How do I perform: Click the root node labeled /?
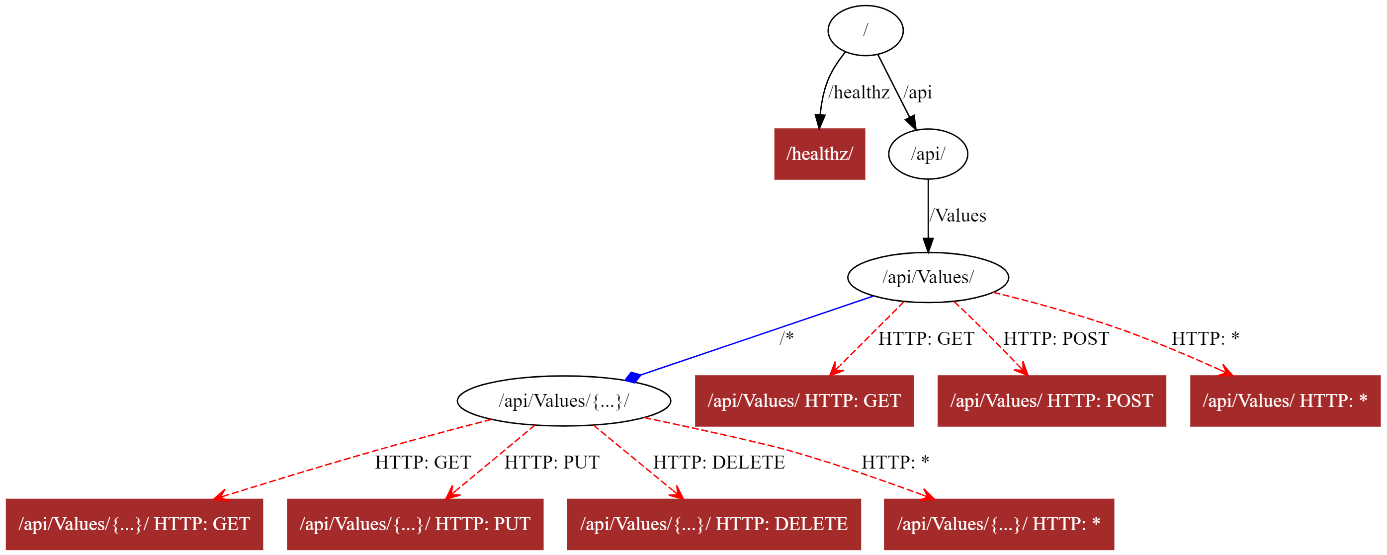[866, 30]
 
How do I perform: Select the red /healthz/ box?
[819, 154]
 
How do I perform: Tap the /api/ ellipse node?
[928, 154]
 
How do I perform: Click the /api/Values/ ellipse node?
[928, 277]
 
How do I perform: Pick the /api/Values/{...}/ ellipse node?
[564, 400]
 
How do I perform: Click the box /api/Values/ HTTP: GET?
[804, 400]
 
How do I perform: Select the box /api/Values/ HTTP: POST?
[1051, 400]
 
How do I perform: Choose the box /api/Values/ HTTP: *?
[1285, 400]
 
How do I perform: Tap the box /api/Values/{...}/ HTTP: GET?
[134, 524]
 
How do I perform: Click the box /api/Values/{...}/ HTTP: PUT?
[415, 524]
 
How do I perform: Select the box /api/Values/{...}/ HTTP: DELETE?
[713, 524]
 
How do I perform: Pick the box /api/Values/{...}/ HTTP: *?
[998, 524]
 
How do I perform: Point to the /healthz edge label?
[859, 92]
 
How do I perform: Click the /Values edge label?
[958, 215]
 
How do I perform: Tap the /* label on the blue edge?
[786, 338]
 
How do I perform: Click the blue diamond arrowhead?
[633, 377]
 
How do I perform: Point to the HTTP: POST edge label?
[1056, 338]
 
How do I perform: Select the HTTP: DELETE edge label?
[719, 462]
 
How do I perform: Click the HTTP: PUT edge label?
[551, 462]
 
